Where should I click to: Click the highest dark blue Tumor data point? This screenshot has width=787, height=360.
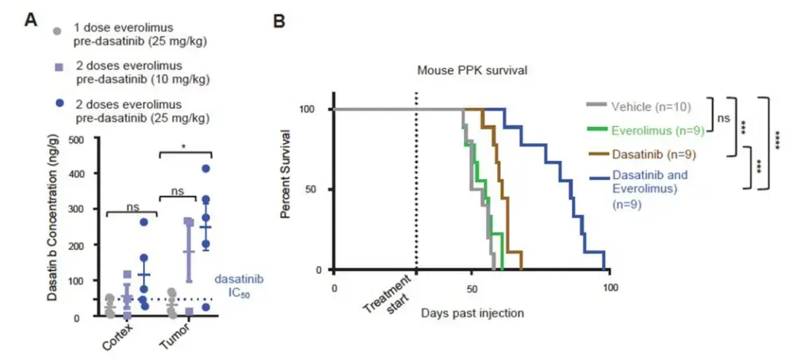tap(205, 169)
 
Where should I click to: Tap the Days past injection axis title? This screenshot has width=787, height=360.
tap(471, 313)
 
